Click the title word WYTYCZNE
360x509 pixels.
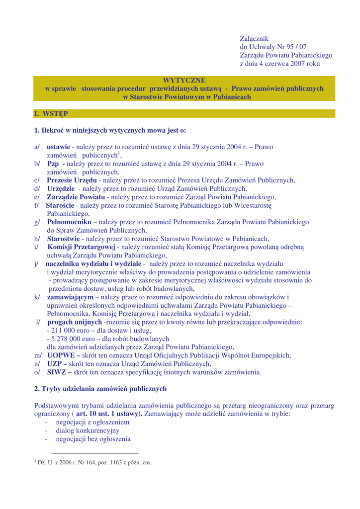[x=184, y=80]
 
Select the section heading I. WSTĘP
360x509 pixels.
[x=51, y=114]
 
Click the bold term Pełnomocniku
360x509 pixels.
[x=69, y=222]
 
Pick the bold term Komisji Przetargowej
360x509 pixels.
[x=82, y=247]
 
